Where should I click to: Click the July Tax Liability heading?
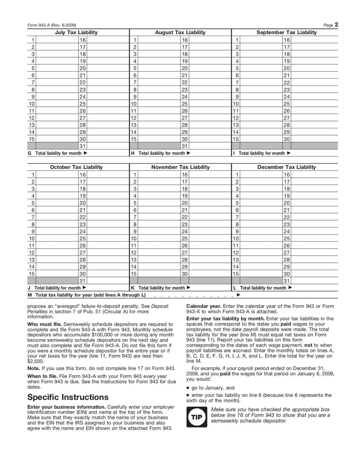click(x=76, y=32)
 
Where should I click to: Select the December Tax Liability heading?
click(x=286, y=167)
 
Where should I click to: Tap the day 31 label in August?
click(x=184, y=146)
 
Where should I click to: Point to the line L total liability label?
click(x=263, y=288)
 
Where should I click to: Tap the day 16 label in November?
click(x=184, y=175)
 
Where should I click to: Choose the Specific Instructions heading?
click(x=67, y=397)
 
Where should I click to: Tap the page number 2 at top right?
click(x=336, y=25)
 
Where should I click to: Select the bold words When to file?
click(x=43, y=376)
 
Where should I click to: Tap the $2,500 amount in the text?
click(x=35, y=361)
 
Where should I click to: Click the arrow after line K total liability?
click(x=189, y=288)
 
